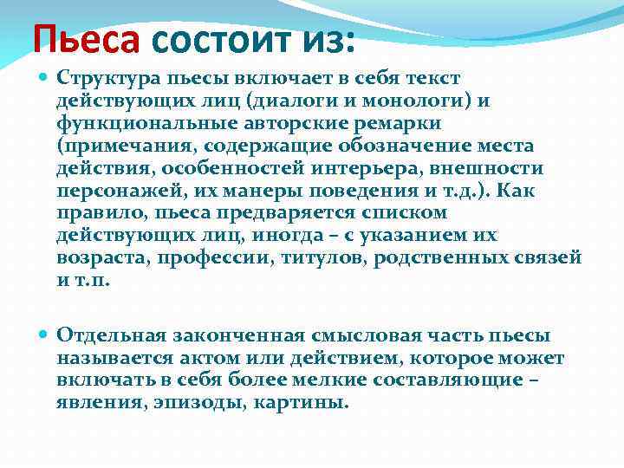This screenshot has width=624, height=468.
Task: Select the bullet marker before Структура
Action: [x=45, y=80]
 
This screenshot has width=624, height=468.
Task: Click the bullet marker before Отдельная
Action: [x=45, y=335]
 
